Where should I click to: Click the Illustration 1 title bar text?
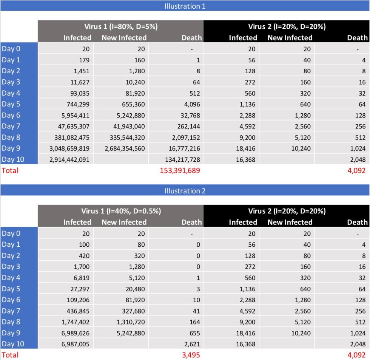(x=185, y=6)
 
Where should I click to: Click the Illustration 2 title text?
(x=185, y=191)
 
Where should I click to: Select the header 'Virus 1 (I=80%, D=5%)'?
(x=121, y=26)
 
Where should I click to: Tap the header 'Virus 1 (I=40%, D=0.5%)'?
(x=121, y=211)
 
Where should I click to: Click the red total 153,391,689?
(x=180, y=170)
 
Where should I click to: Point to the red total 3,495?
(x=191, y=355)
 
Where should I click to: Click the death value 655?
(x=194, y=333)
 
